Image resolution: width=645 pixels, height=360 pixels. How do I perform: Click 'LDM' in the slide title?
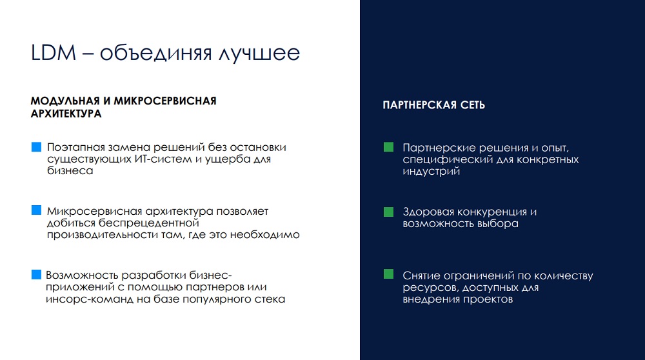tap(54, 53)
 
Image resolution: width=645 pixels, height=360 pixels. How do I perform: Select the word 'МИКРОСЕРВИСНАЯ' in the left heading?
tap(165, 101)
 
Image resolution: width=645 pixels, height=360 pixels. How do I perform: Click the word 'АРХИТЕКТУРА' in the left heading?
tap(66, 114)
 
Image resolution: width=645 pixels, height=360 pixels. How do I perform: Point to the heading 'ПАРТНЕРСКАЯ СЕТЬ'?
tap(434, 105)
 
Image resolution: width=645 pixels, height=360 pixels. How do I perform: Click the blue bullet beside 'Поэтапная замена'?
tap(37, 147)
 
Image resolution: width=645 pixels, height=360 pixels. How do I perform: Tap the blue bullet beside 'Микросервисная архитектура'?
tap(37, 210)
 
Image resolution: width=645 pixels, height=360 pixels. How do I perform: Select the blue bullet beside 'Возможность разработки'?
tap(37, 274)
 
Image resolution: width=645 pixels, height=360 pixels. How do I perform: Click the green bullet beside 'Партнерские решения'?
tap(388, 147)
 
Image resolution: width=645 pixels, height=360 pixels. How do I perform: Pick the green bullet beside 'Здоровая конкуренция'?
tap(388, 212)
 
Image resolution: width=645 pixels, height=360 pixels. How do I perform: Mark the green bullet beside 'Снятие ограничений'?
tap(388, 274)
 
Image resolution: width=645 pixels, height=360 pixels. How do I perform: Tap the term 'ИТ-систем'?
tap(163, 159)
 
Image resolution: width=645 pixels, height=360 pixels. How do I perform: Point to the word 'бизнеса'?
tap(70, 170)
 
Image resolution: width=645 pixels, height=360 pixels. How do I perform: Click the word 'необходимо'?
tap(264, 234)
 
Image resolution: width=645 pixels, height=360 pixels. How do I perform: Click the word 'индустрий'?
tap(431, 172)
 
